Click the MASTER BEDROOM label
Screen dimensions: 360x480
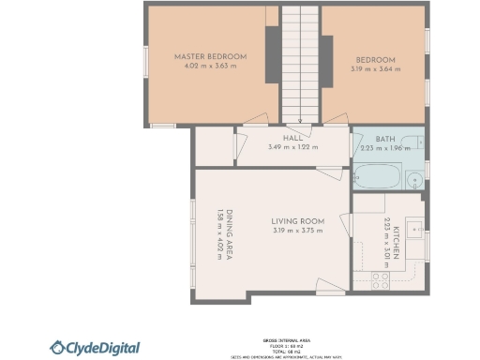click(x=202, y=57)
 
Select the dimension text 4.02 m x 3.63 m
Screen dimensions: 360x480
click(x=202, y=67)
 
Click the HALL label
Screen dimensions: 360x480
click(x=292, y=138)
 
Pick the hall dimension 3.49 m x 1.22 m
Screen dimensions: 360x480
click(x=292, y=147)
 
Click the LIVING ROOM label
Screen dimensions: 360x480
click(x=298, y=220)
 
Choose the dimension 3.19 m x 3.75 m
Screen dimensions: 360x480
click(x=298, y=231)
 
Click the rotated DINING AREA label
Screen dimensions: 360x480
click(x=231, y=230)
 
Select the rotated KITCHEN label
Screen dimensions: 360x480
click(x=397, y=241)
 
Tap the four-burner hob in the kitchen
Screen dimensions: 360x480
click(x=381, y=277)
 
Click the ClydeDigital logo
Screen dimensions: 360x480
click(x=95, y=348)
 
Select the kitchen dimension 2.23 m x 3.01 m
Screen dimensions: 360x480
click(x=386, y=241)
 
